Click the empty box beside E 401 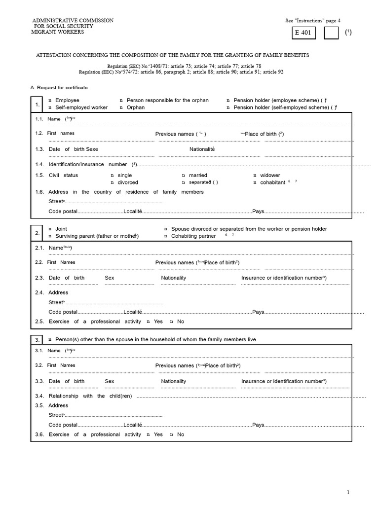click(331, 34)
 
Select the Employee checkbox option click(50, 100)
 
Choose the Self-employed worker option click(50, 107)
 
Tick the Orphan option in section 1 click(121, 107)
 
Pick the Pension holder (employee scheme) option click(228, 100)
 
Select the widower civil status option click(255, 175)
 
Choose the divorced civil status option click(113, 182)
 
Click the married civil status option click(184, 175)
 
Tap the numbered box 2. click(38, 233)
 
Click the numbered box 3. click(38, 340)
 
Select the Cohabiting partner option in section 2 click(166, 236)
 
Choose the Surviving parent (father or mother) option click(50, 236)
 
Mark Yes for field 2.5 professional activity click(149, 322)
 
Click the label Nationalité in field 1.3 click(202, 149)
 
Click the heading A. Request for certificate click(59, 87)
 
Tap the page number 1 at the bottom click(348, 492)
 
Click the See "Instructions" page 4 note click(312, 21)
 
